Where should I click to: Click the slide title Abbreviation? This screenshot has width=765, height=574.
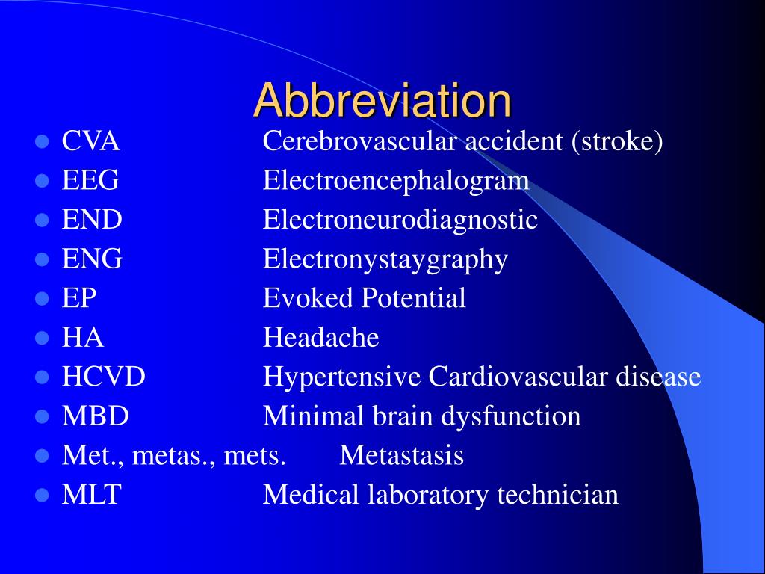coord(382,100)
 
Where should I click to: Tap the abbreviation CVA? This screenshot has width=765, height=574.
coord(90,141)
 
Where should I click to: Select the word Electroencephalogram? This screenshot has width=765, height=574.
coord(396,182)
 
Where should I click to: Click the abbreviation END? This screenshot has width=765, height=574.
coord(92,220)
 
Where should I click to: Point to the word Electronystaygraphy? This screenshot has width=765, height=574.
coord(385,260)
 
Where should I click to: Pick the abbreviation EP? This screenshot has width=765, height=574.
coord(79,298)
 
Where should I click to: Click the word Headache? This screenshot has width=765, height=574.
coord(320,337)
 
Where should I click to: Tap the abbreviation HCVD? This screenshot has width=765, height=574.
coord(103,377)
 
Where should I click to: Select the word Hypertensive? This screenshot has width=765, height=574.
coord(341,377)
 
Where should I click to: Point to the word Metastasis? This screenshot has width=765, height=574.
coord(401,455)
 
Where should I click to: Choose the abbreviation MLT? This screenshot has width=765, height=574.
coord(91,495)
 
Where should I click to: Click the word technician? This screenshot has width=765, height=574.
coord(557,495)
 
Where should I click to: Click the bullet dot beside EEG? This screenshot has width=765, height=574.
coord(43,181)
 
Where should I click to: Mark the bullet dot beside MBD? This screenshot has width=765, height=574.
coord(43,417)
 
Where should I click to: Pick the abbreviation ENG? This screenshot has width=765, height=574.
coord(92,259)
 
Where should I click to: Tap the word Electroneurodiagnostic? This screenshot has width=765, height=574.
coord(400,220)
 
